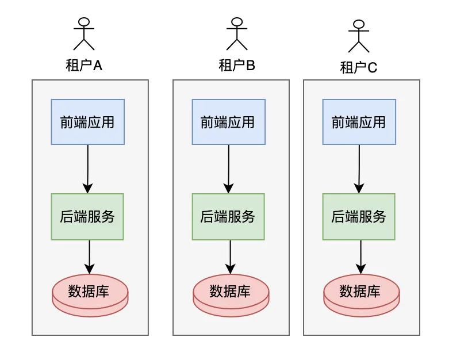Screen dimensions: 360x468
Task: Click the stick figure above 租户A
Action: point(84,34)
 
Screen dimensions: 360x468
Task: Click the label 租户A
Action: point(84,66)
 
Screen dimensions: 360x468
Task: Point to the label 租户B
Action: point(236,66)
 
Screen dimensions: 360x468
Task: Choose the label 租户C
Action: point(359,68)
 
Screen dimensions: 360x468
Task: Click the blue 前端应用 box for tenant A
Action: point(87,122)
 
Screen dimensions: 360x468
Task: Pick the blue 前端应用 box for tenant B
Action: point(228,122)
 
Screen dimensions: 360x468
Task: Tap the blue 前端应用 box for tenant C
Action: point(359,122)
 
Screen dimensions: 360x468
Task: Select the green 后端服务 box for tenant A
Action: point(87,217)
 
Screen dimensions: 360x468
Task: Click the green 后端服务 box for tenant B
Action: point(228,217)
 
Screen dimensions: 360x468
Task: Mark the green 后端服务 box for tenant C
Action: point(359,217)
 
